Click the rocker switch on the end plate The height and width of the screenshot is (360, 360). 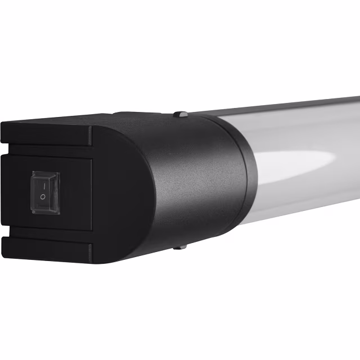[45, 192]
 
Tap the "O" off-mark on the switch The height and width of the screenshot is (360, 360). [43, 197]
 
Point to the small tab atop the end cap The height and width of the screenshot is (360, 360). [180, 114]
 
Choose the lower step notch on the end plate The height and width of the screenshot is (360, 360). [90, 247]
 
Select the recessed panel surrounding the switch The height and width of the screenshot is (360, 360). [73, 191]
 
